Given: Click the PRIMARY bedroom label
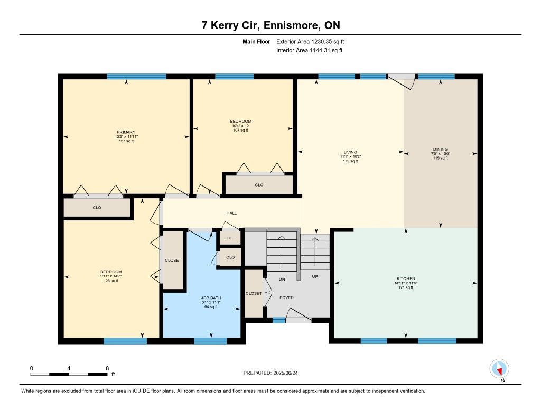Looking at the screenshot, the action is coord(126,132).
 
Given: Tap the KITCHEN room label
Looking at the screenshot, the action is coord(406,278).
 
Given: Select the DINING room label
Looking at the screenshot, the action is coord(441,150).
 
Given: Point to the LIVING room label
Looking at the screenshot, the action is coord(350,152).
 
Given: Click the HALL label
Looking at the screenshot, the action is coord(231,213).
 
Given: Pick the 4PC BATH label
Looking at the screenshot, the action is coord(211,298).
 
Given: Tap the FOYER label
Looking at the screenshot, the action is coord(287,298).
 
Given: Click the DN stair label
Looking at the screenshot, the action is coord(282,279).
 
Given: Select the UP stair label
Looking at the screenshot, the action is coord(315,276).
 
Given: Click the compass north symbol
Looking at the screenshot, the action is coord(499,369).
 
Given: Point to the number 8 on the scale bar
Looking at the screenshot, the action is coord(107,368).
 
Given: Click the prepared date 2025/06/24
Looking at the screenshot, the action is coord(286,373).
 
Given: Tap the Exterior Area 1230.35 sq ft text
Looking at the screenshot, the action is coord(310,41).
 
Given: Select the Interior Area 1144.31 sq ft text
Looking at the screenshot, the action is coord(310,50).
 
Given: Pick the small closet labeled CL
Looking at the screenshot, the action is coord(230,238).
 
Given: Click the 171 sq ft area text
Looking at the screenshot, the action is coord(406,287).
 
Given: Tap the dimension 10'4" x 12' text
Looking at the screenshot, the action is coord(240,126).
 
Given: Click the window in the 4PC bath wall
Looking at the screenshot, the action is coord(210,341).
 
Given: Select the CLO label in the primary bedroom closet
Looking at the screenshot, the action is coord(97,208).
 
